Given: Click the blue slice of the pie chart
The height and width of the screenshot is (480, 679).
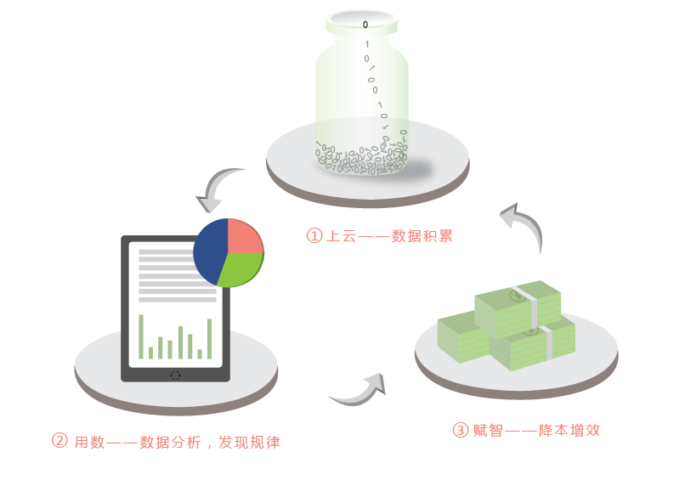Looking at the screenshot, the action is click(210, 251).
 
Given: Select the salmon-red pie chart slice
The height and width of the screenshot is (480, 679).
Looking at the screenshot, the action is click(243, 237).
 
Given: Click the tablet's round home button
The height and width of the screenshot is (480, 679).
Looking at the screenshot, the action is click(175, 376).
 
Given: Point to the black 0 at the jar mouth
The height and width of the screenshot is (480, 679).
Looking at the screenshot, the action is click(365, 25).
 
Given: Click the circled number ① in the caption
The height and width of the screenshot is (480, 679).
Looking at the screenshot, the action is click(314, 236).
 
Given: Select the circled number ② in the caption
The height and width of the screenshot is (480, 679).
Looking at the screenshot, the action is click(59, 441).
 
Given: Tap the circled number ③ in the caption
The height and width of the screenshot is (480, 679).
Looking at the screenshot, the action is click(461, 430).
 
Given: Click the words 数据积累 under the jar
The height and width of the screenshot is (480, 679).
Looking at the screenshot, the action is click(422, 236).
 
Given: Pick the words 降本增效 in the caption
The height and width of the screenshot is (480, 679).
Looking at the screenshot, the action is click(569, 430).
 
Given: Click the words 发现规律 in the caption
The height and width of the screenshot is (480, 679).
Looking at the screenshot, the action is click(250, 442).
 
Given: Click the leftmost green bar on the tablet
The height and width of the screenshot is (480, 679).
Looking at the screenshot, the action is click(141, 336).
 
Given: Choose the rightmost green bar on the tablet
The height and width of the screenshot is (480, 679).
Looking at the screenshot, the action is click(210, 339).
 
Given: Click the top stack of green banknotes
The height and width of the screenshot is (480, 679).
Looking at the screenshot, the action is click(518, 308).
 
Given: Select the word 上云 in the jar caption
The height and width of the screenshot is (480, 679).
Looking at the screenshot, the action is click(342, 236).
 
